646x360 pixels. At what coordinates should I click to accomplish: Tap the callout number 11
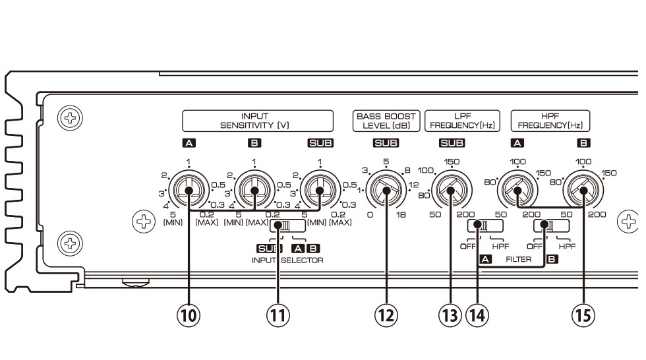[x=279, y=315]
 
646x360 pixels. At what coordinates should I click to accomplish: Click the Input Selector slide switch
[x=288, y=226]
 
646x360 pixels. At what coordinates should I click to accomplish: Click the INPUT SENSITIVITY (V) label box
[x=255, y=120]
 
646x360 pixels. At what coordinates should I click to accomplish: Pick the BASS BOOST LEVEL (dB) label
[x=386, y=120]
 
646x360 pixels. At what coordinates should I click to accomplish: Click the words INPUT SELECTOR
[x=287, y=260]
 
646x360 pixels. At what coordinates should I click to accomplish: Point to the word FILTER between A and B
[x=518, y=260]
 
